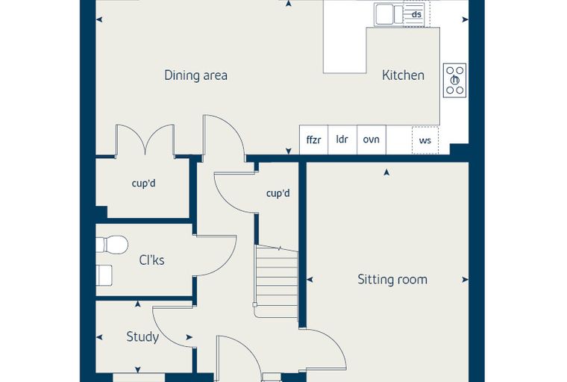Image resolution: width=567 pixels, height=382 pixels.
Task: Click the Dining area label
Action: (x=195, y=75)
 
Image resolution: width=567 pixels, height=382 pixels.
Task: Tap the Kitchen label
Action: (x=403, y=75)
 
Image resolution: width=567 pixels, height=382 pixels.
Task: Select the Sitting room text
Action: (x=392, y=279)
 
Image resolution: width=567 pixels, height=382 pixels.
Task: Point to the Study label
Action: (x=142, y=337)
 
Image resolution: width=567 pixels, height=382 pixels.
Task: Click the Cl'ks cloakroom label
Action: (x=151, y=260)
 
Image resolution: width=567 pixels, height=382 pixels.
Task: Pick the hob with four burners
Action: (x=454, y=81)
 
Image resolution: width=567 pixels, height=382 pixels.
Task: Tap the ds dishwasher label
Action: (x=416, y=14)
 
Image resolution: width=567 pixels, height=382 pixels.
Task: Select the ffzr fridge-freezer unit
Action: (x=313, y=140)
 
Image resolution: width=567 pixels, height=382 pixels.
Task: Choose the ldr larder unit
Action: (x=342, y=140)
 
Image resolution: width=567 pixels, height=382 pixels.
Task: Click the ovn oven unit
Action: (x=372, y=140)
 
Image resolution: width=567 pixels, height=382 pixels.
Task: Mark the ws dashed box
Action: (x=425, y=140)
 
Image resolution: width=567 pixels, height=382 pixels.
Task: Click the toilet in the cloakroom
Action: (x=112, y=245)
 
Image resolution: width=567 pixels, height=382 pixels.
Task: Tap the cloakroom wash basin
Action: (x=104, y=275)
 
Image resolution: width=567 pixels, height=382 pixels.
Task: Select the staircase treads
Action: (x=276, y=282)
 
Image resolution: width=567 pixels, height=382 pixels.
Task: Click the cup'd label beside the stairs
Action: (x=278, y=193)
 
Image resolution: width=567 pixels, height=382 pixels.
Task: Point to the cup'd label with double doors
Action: (x=143, y=184)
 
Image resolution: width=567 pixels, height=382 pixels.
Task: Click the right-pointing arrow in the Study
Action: (x=189, y=337)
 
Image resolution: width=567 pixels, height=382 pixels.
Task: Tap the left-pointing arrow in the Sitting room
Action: (x=310, y=279)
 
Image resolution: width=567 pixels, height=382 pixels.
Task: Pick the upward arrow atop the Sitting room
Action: (x=386, y=172)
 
